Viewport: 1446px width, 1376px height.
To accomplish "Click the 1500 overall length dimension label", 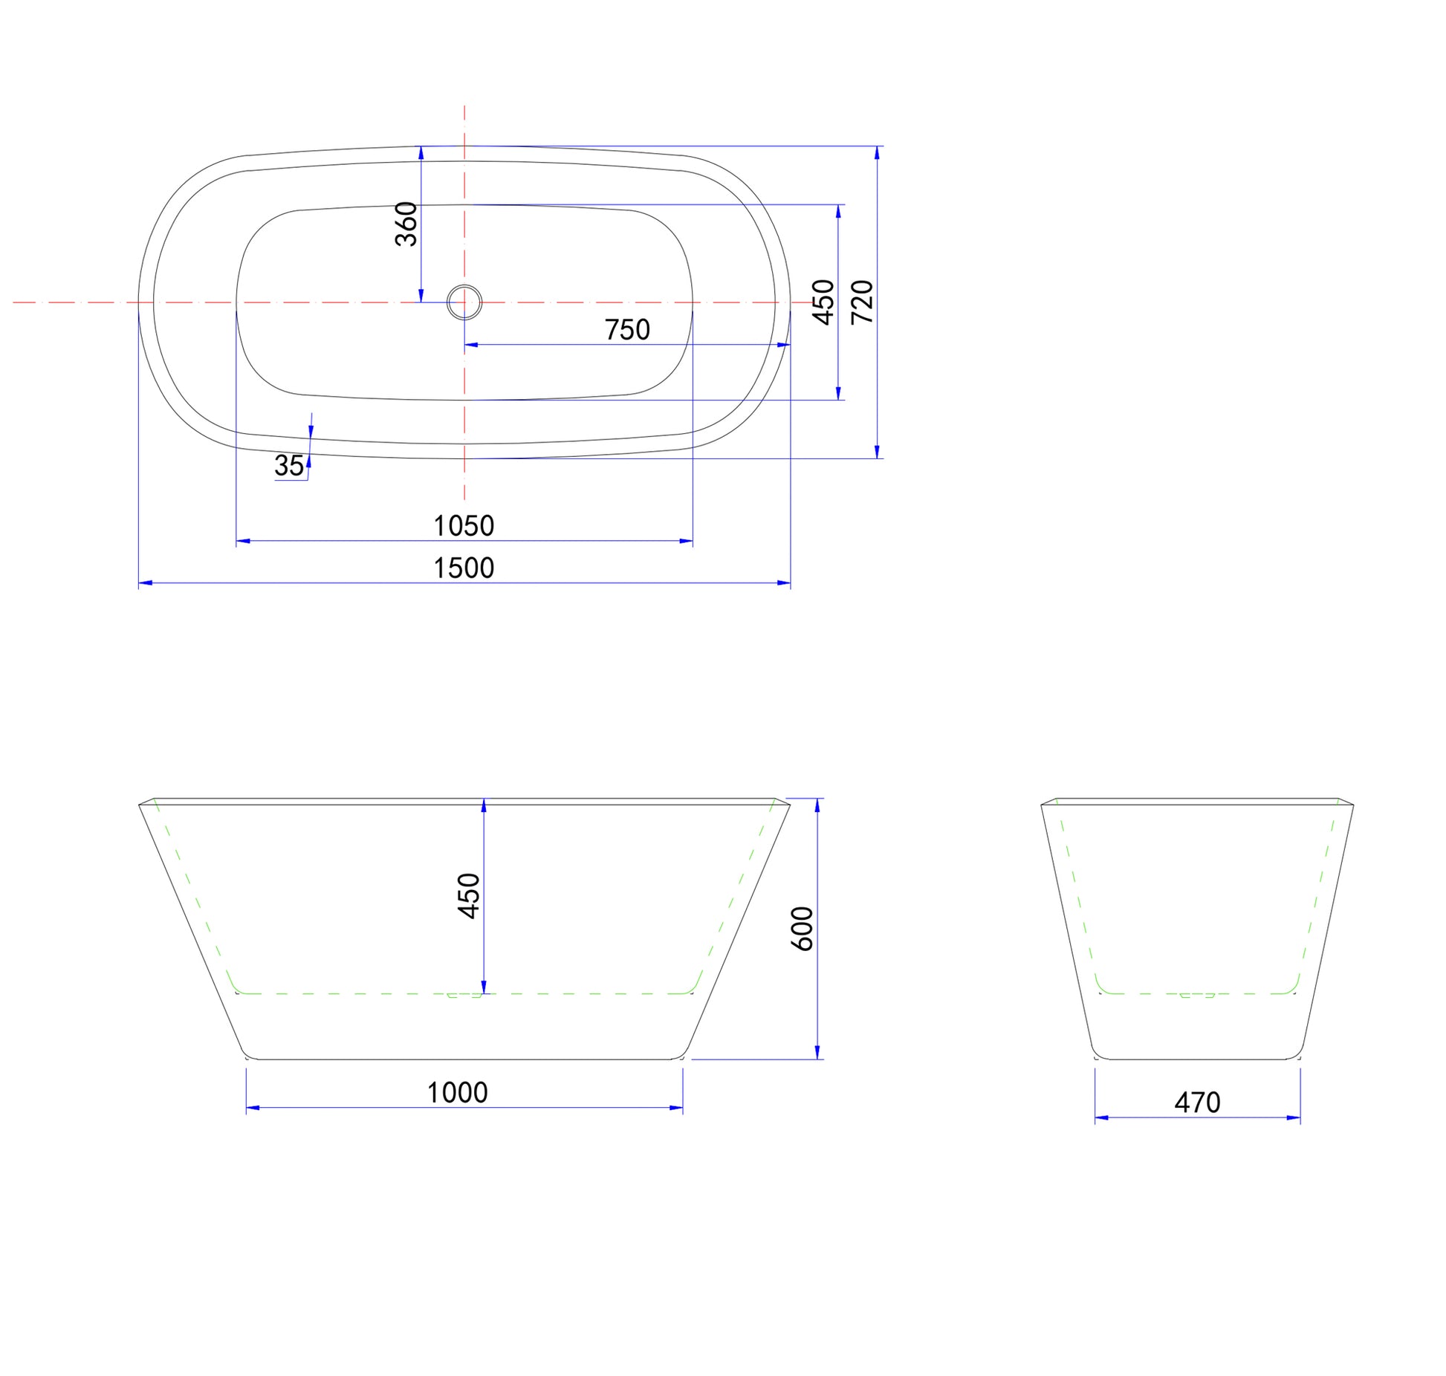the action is coord(464,568).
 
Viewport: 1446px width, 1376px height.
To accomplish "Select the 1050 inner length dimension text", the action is coord(464,526).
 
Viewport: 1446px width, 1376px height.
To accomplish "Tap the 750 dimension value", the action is coord(627,330).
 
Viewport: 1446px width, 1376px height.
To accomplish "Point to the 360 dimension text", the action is coord(406,224).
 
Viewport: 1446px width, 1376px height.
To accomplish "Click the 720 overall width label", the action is coord(862,302).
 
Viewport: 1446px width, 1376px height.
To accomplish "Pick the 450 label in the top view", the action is coord(824,302).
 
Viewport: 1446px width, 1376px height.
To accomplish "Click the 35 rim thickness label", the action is coord(289,466).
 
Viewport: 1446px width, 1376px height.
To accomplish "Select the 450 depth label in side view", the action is coord(469,896).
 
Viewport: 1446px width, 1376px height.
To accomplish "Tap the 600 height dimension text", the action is coord(803,929).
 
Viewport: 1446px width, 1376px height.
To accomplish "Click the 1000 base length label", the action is coord(457,1093).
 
